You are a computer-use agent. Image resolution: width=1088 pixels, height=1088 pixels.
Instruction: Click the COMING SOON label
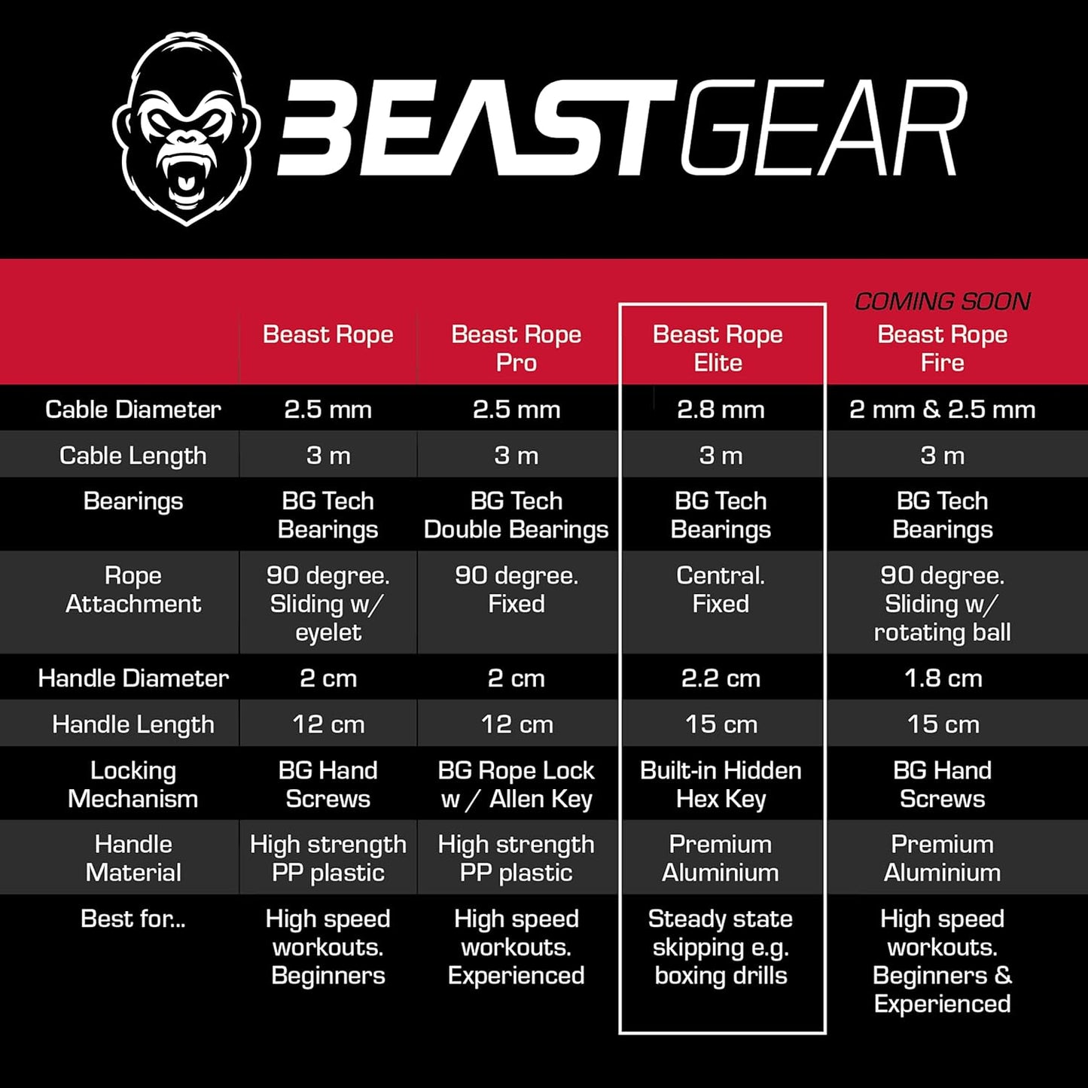(x=942, y=301)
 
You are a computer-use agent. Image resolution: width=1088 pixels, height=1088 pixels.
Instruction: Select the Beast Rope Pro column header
(x=516, y=348)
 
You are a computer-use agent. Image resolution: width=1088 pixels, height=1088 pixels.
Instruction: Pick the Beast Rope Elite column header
(x=718, y=348)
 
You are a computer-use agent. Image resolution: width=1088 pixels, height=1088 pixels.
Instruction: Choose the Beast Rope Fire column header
(x=942, y=348)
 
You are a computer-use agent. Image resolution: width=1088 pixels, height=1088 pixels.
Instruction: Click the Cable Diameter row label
(x=133, y=409)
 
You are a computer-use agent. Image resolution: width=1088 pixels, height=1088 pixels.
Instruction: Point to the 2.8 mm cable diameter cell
(x=721, y=409)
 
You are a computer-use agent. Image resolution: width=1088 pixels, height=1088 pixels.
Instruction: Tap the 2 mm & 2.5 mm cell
(x=942, y=409)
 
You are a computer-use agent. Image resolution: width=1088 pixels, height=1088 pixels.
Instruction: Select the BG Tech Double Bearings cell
(x=516, y=515)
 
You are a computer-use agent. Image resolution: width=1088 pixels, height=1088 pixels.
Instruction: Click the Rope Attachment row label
(x=133, y=590)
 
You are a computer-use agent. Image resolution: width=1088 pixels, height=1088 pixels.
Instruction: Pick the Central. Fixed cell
(x=721, y=590)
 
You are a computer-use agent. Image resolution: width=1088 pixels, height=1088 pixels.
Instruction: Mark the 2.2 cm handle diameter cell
(x=721, y=678)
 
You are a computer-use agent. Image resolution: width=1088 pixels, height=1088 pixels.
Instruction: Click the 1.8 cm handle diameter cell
(x=943, y=678)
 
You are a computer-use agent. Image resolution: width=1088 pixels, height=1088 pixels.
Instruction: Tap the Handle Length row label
(x=133, y=724)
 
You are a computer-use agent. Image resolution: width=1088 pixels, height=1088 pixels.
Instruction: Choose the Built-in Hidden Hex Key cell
(x=721, y=785)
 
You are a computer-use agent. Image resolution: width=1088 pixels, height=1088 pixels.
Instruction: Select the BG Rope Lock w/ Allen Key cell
(x=516, y=785)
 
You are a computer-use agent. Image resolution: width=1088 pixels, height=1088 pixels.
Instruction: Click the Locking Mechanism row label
(x=133, y=785)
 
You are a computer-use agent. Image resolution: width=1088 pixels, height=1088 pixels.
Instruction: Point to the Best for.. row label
(x=133, y=919)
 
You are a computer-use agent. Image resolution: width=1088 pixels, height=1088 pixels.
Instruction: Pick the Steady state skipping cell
(x=721, y=946)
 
